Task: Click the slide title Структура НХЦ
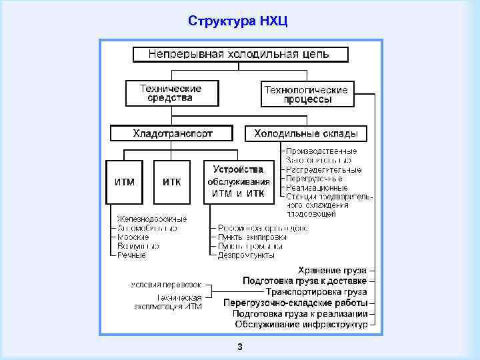point(238,20)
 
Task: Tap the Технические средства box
point(171,93)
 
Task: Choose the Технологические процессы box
point(307,94)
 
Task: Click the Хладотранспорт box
point(172,133)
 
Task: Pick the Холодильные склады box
point(306,133)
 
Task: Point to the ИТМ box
point(125,181)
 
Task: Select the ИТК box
point(171,181)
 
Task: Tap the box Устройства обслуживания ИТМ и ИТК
point(238,181)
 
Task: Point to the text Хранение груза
point(332,270)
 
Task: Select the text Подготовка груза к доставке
point(305,281)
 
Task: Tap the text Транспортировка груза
point(316,291)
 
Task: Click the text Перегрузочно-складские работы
point(295,303)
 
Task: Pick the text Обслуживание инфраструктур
point(301,324)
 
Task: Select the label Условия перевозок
point(166,285)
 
